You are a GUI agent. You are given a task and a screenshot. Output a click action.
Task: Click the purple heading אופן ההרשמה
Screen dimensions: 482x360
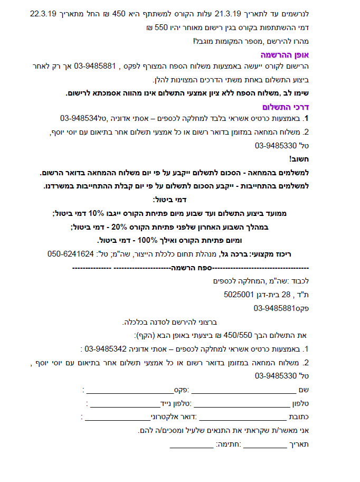click(x=286, y=54)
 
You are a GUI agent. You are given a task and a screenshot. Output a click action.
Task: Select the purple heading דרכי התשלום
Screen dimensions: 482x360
click(x=288, y=107)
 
